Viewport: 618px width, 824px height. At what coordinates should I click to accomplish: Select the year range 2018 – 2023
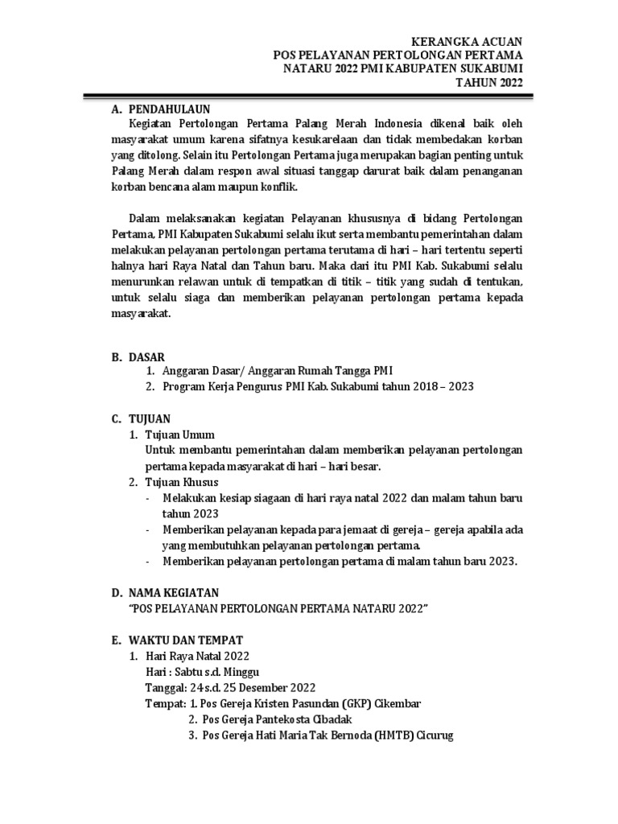pyautogui.click(x=442, y=386)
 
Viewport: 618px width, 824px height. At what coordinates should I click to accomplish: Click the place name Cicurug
pyautogui.click(x=435, y=735)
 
